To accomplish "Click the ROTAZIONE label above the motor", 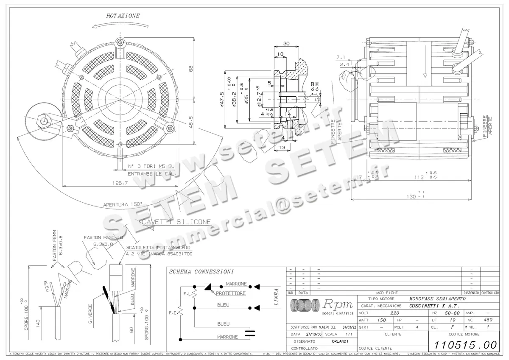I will click(x=123, y=16).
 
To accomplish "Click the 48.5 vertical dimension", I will click(x=190, y=122).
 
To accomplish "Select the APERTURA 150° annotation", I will click(x=123, y=204).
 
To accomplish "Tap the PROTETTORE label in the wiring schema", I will click(x=231, y=293).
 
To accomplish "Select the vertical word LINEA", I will click(x=276, y=297).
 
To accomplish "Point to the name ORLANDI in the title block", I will click(x=340, y=341).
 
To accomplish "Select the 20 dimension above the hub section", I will click(x=286, y=43).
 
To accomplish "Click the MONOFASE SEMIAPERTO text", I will click(x=437, y=299).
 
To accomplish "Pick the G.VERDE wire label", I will click(x=90, y=316).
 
